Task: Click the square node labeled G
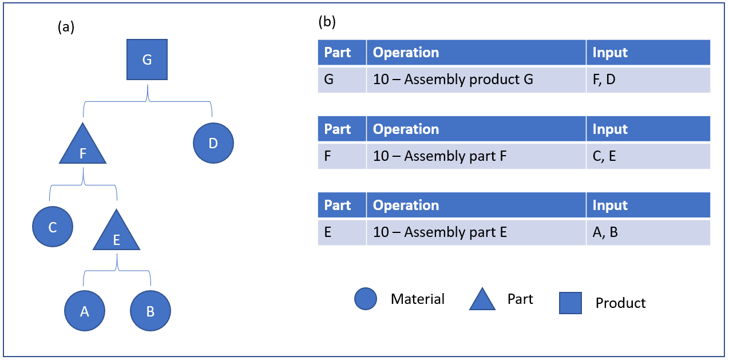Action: pos(147,60)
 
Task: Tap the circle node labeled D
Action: pos(213,143)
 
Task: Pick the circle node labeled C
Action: pos(53,227)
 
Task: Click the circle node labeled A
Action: pos(85,311)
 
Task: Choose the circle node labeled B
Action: pos(150,311)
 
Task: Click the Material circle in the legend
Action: pos(366,299)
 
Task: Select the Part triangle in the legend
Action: pos(482,300)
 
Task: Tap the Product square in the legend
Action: pos(570,303)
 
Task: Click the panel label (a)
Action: pos(66,27)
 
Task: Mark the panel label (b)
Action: pos(327,22)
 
